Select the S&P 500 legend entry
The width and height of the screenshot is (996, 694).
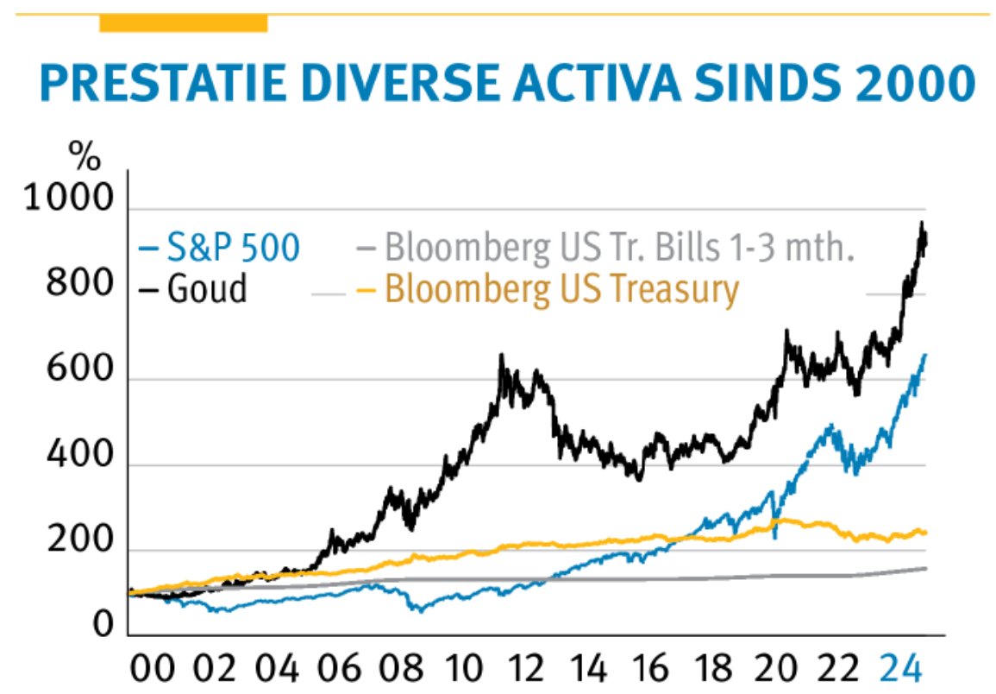click(219, 249)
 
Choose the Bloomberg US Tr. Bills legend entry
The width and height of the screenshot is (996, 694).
click(604, 249)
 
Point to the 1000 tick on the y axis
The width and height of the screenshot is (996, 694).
click(68, 200)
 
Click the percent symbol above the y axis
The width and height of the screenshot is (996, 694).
click(85, 159)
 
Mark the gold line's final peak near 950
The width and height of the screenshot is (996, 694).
click(922, 226)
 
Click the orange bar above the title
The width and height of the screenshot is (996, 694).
click(183, 23)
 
